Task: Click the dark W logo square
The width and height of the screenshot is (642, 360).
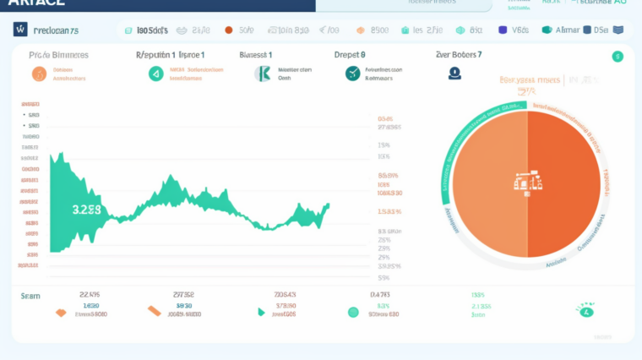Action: click(20, 30)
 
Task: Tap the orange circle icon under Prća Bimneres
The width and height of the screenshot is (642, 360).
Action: click(39, 74)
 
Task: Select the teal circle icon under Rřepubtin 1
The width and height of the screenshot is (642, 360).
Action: click(155, 74)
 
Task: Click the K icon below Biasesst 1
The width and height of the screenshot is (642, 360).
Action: click(263, 74)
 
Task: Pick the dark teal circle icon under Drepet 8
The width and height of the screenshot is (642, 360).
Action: click(352, 74)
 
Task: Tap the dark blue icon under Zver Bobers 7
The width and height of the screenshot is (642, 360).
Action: click(454, 74)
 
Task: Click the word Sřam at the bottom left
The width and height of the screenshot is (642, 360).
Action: click(30, 296)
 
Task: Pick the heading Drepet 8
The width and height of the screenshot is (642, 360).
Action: click(350, 54)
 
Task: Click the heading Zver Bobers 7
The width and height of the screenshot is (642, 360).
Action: click(459, 54)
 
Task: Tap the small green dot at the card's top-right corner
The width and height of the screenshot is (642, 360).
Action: click(618, 57)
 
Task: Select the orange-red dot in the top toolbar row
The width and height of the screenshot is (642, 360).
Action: click(228, 30)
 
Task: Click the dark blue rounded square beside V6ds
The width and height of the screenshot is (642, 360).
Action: click(503, 30)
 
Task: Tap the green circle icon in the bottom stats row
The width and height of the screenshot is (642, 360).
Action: click(353, 312)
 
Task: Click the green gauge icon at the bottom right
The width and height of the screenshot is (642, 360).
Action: click(585, 311)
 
